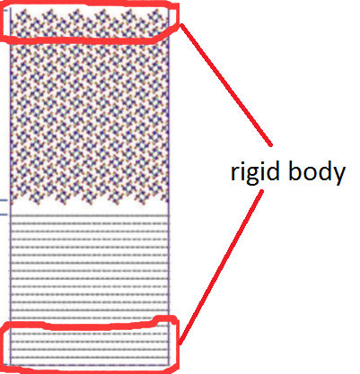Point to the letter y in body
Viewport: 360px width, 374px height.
(x=338, y=176)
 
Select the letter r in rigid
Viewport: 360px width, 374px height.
(x=234, y=173)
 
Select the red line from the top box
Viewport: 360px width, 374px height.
(x=226, y=84)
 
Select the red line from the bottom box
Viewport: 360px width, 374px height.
(x=221, y=267)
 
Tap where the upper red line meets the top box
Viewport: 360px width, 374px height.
(x=180, y=25)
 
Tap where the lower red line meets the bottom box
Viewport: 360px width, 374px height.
(x=180, y=344)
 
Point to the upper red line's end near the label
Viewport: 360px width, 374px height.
(x=271, y=145)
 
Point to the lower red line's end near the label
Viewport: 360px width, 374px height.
(x=262, y=191)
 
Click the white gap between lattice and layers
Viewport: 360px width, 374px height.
(x=90, y=209)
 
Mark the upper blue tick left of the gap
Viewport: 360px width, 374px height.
(x=4, y=200)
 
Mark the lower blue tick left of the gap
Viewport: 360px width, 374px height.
(x=4, y=214)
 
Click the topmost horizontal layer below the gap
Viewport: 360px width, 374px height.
(x=90, y=215)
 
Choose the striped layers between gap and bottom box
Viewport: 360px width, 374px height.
(x=90, y=266)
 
